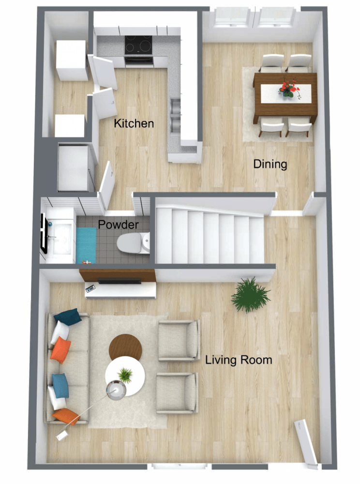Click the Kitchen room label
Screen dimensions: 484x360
point(134,123)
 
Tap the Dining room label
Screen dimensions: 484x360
point(270,164)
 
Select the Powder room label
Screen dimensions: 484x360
point(119,225)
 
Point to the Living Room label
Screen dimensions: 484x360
point(239,360)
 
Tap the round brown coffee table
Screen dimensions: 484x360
point(126,346)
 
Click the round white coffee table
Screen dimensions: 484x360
point(125,376)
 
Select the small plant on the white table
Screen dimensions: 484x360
point(125,374)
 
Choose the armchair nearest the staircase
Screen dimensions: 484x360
point(179,340)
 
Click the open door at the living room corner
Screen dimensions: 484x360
point(306,440)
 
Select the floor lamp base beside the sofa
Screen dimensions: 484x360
point(117,390)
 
